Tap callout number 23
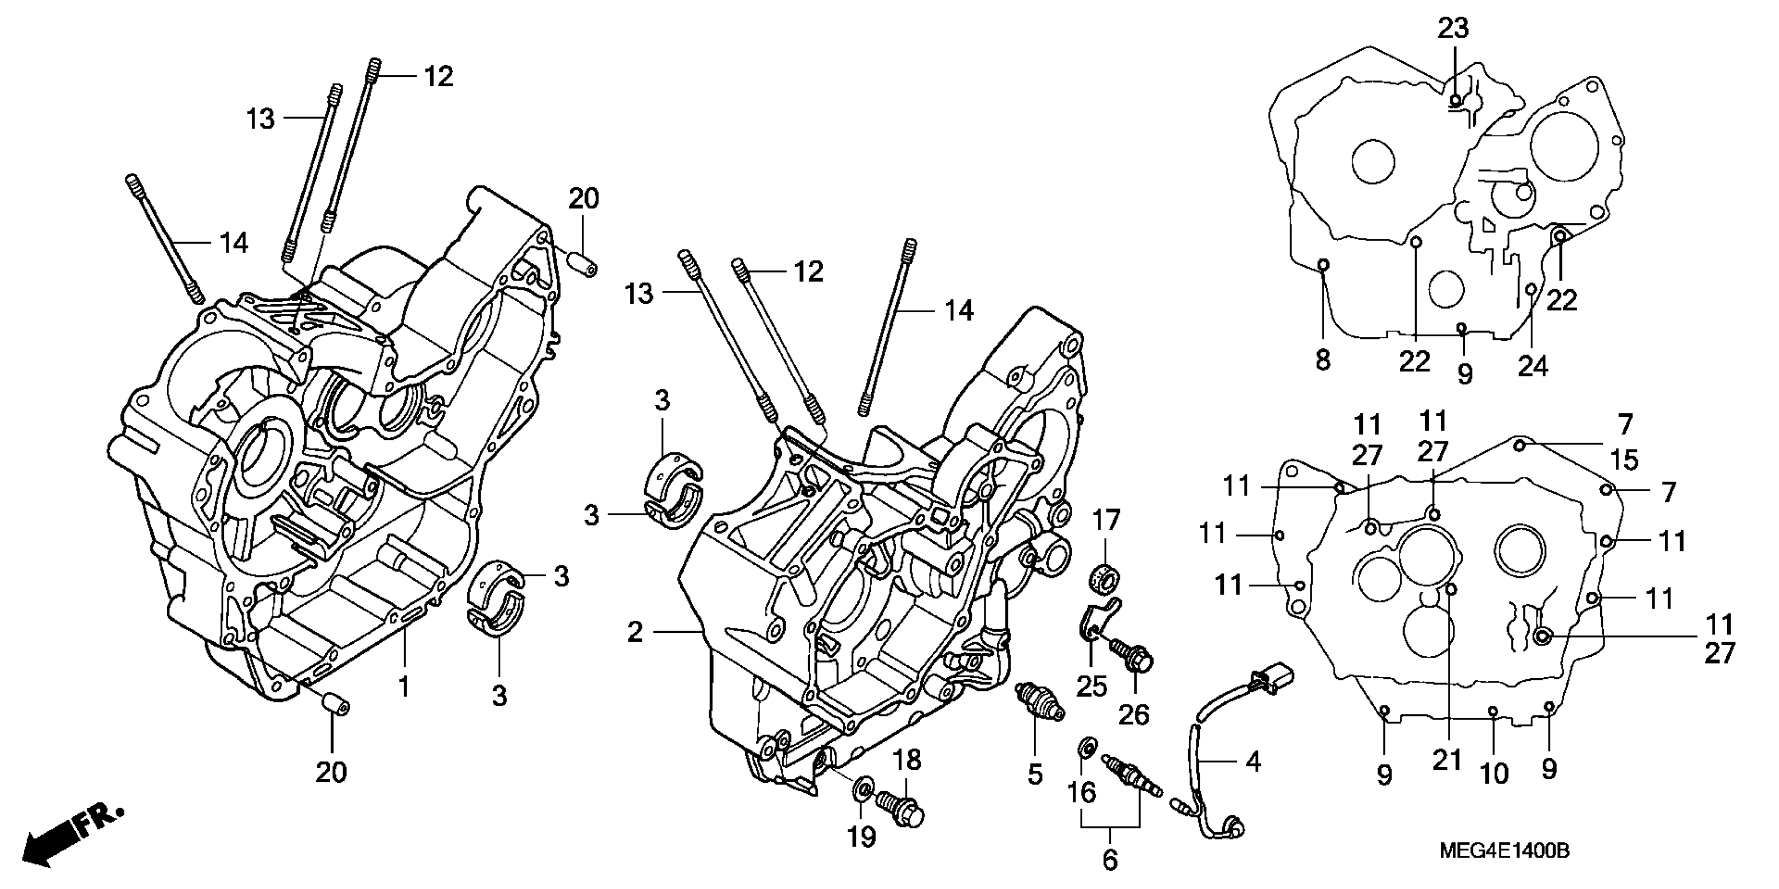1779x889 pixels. point(1453,29)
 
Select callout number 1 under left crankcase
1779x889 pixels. point(404,687)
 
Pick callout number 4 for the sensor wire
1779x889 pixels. point(1252,761)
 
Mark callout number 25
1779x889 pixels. point(1091,687)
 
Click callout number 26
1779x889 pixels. point(1133,714)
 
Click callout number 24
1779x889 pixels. point(1532,366)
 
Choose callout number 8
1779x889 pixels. point(1323,360)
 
